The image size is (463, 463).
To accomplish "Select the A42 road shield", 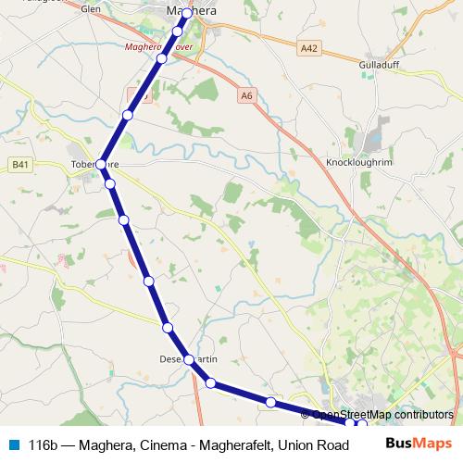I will (x=309, y=46).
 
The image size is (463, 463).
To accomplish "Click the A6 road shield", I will (x=245, y=94).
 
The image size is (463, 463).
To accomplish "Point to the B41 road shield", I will (x=20, y=164).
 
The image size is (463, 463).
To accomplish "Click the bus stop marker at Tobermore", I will (x=101, y=164).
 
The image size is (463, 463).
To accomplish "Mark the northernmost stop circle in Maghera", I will (x=186, y=14).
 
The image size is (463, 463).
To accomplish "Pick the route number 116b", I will (x=45, y=444).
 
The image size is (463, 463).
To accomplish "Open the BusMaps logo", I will (x=419, y=444).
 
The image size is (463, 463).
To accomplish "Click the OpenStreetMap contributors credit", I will (x=382, y=414).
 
